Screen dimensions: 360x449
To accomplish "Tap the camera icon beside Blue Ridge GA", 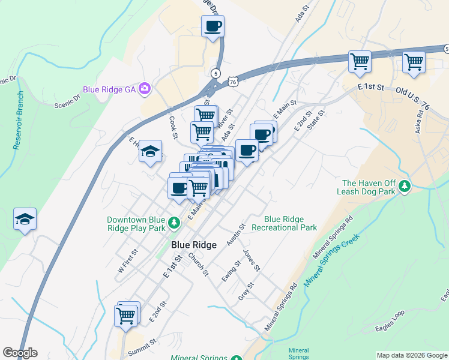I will click(x=144, y=89).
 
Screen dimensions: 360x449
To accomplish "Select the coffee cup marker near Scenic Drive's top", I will click(x=213, y=27).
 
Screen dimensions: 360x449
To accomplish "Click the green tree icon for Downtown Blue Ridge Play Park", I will click(x=174, y=223).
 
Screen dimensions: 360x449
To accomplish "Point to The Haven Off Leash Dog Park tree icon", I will click(x=406, y=187).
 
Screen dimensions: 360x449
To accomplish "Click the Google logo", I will click(x=20, y=353).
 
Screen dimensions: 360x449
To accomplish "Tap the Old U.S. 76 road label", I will click(x=413, y=90).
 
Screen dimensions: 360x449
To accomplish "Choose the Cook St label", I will click(x=173, y=127).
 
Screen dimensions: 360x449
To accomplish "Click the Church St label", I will click(x=198, y=264).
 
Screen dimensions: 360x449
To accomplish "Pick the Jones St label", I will click(x=251, y=259).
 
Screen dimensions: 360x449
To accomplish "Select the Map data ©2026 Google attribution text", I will click(x=411, y=355).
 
